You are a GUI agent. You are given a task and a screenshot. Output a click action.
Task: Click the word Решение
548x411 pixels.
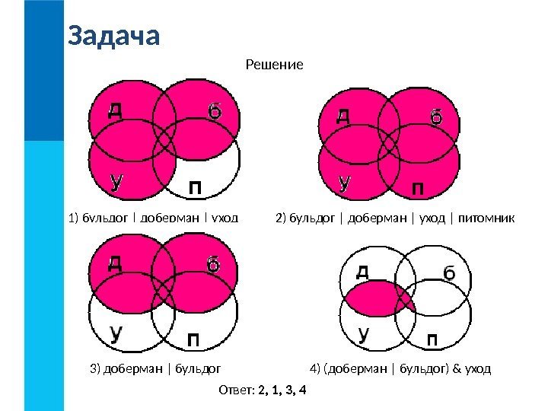pos(274,65)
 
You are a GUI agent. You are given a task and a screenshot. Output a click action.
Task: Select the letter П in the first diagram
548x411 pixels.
pos(196,186)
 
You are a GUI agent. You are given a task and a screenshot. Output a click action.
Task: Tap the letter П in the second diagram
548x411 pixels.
pos(419,186)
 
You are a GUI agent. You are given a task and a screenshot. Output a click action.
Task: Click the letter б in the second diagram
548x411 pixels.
pos(436,117)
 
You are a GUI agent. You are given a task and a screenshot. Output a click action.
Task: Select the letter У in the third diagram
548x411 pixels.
pos(117,333)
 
